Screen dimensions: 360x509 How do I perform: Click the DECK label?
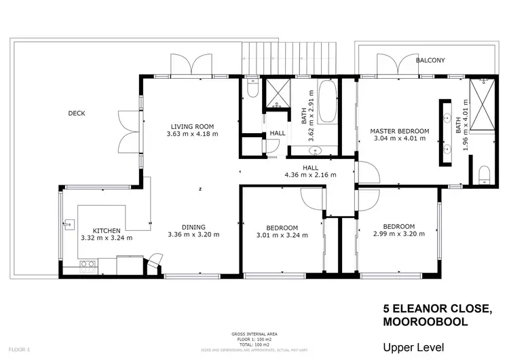pos(77,113)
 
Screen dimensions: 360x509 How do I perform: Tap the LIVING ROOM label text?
pos(192,126)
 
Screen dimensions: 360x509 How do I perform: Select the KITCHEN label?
pos(107,230)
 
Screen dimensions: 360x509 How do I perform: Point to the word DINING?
pos(193,228)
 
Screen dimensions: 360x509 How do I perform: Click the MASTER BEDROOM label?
pos(400,131)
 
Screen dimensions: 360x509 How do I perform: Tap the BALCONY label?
pos(430,60)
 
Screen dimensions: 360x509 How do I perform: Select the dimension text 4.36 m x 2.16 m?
pos(311,175)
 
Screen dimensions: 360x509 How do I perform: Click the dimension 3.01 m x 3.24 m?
pos(282,235)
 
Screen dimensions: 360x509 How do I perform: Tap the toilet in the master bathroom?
pos(484,175)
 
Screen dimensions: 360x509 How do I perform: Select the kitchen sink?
pos(69,224)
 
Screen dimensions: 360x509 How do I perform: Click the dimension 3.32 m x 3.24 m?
pos(107,238)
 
